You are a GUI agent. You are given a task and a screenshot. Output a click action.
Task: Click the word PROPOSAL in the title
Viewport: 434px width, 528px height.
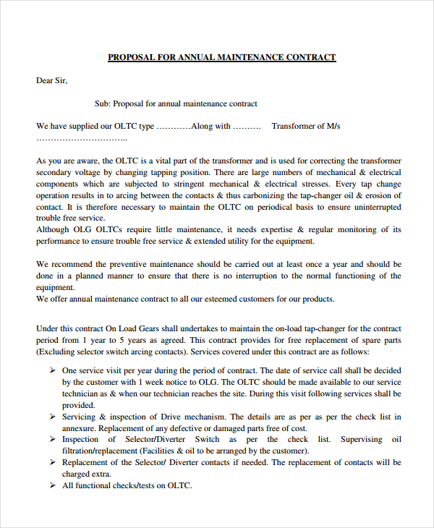coord(131,57)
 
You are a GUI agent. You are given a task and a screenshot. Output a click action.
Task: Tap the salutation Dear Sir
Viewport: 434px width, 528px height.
coord(51,80)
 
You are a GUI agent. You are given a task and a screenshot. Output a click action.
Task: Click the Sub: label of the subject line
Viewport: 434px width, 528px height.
coord(103,103)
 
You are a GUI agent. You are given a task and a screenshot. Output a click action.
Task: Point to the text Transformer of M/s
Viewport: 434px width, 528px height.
coord(305,126)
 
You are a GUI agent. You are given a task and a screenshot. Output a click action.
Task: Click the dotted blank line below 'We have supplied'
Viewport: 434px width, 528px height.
coord(82,137)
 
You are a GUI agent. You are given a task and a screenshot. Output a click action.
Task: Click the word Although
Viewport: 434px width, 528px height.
coord(54,229)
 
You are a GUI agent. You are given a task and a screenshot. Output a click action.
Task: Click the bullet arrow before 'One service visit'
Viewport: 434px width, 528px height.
coord(53,370)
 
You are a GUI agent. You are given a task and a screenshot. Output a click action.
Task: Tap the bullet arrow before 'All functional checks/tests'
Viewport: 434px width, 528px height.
coord(53,486)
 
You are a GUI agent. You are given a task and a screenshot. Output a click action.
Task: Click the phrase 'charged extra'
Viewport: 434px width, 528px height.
coord(87,474)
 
